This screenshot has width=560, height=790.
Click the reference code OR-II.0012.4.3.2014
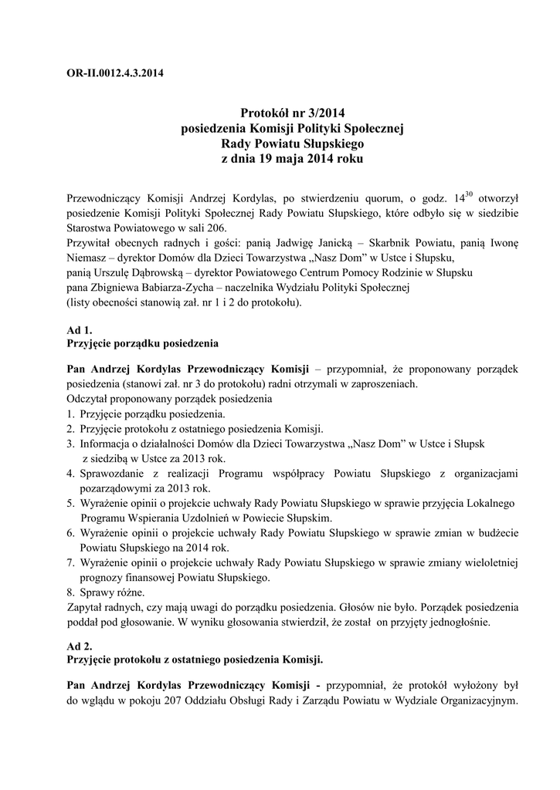point(115,74)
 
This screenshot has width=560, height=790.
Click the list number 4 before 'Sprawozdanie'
point(70,473)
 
